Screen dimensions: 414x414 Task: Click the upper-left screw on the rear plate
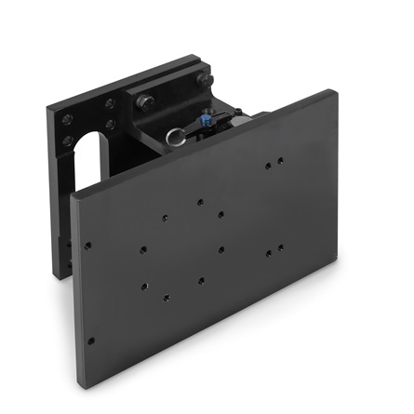pos(67,119)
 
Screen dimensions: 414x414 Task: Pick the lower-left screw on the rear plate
pos(67,141)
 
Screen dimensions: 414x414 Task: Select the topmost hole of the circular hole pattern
pos(199,201)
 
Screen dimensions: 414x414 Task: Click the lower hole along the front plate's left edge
pos(90,341)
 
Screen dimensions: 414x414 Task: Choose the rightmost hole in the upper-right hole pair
pos(280,162)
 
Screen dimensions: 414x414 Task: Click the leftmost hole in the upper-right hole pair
pos(267,167)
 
